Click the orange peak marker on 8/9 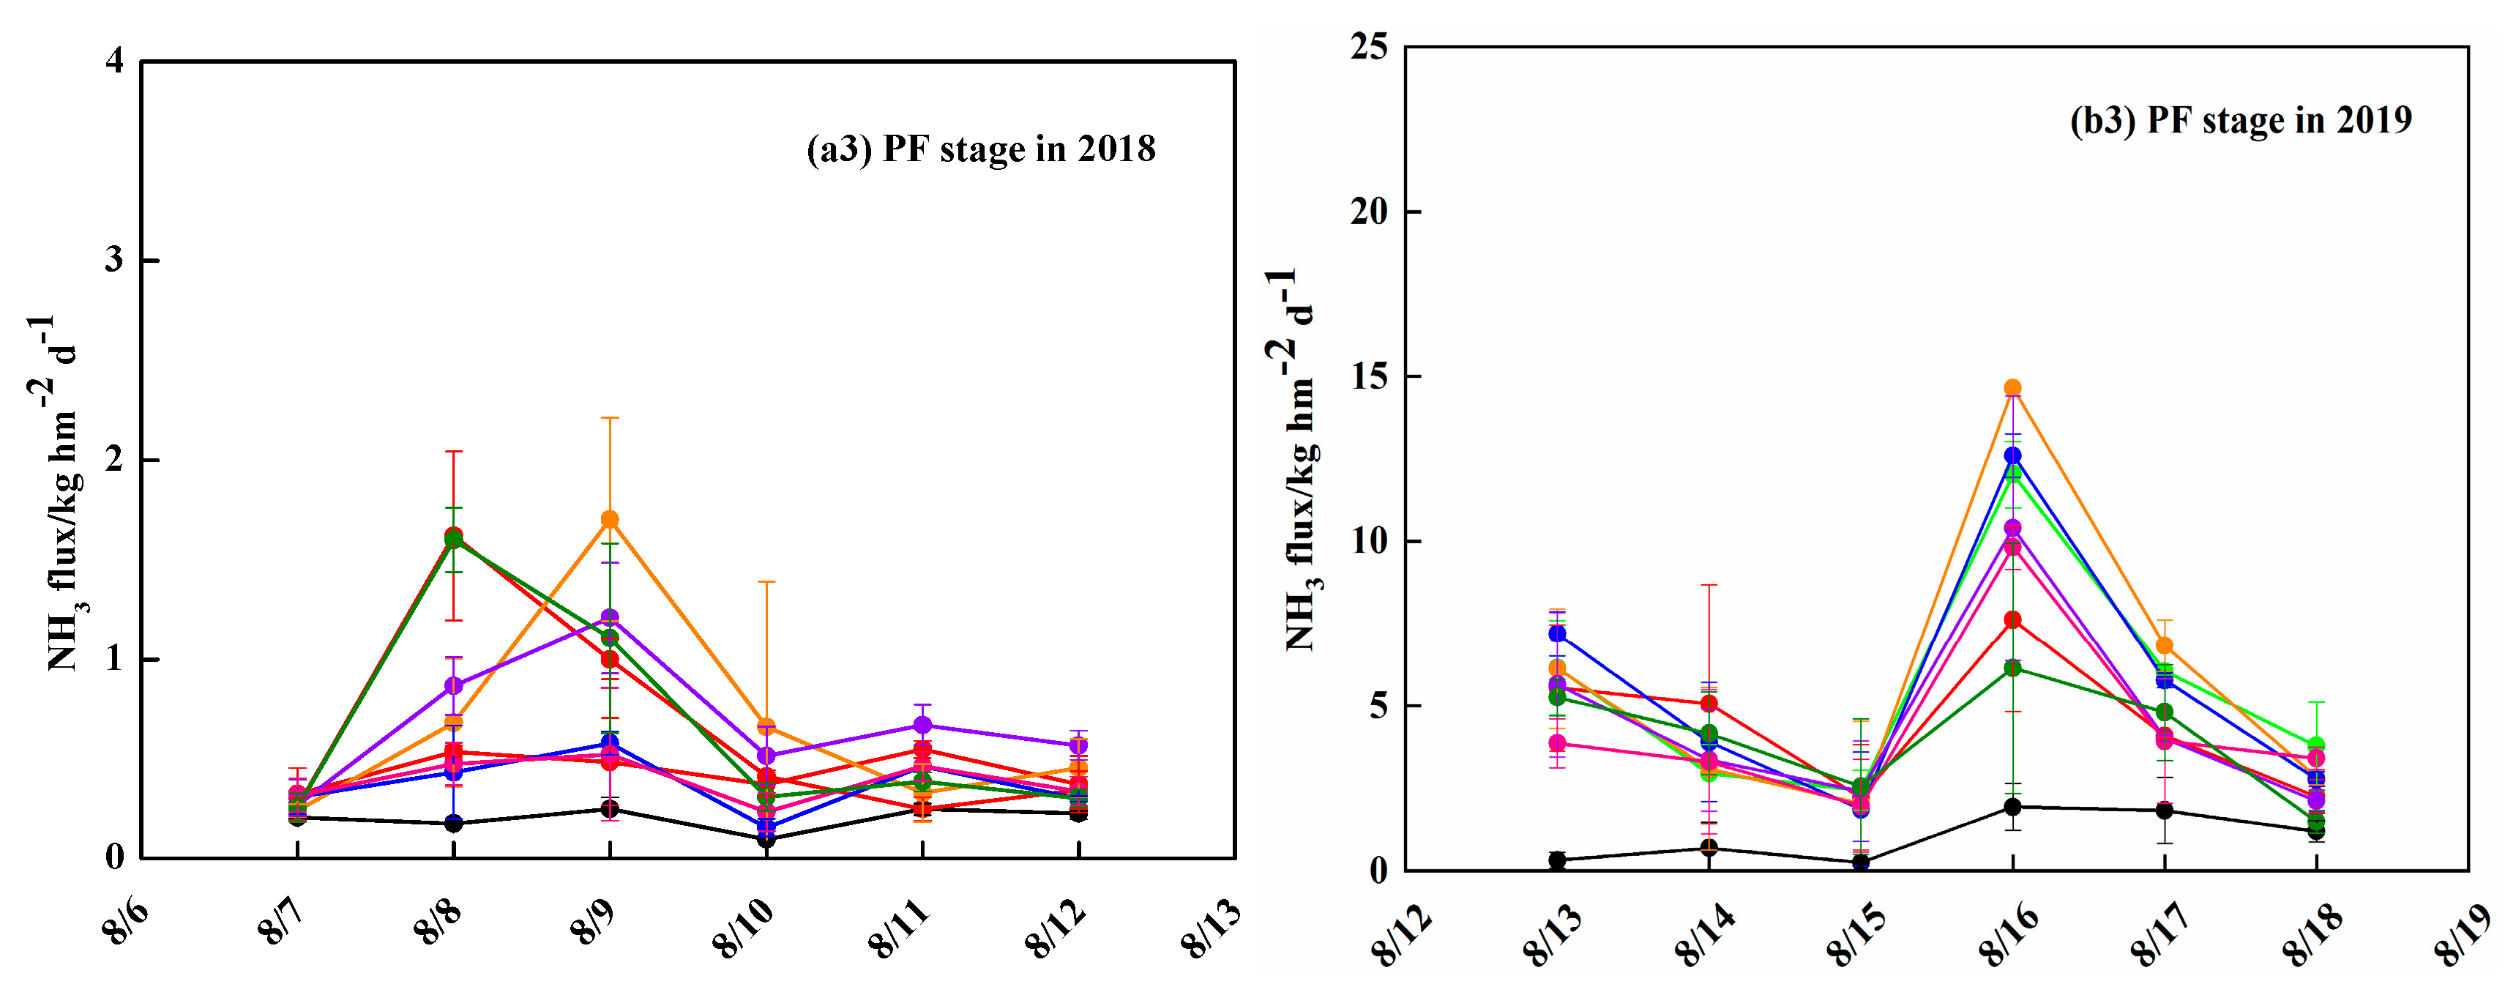(610, 520)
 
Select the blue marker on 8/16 (2012, 456)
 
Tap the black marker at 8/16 (2012, 807)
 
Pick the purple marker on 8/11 (922, 726)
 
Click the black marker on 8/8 (453, 823)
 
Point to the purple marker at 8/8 (453, 685)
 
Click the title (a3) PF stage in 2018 (981, 149)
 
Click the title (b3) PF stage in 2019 (2241, 120)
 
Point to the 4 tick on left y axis (115, 61)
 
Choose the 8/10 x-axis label (742, 928)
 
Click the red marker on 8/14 (1709, 703)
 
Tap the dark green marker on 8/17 (2165, 712)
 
